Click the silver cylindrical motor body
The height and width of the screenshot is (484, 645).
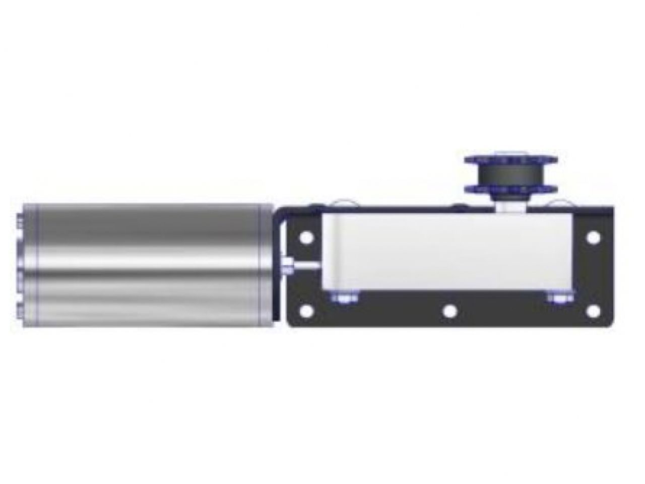pyautogui.click(x=146, y=265)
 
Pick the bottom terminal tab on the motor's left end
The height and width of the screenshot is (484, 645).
pyautogui.click(x=20, y=309)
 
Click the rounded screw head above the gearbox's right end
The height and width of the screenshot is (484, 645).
pyautogui.click(x=563, y=204)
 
